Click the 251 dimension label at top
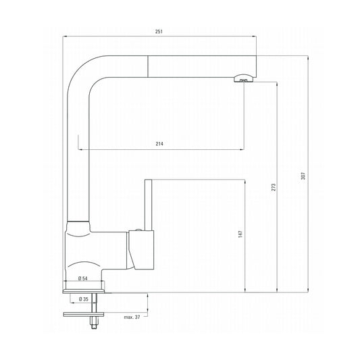click(159, 31)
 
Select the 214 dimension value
click(159, 144)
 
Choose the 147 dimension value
click(241, 234)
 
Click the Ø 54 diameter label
click(83, 278)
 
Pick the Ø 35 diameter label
click(84, 299)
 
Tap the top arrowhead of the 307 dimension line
click(308, 57)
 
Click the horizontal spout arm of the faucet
click(176, 65)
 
